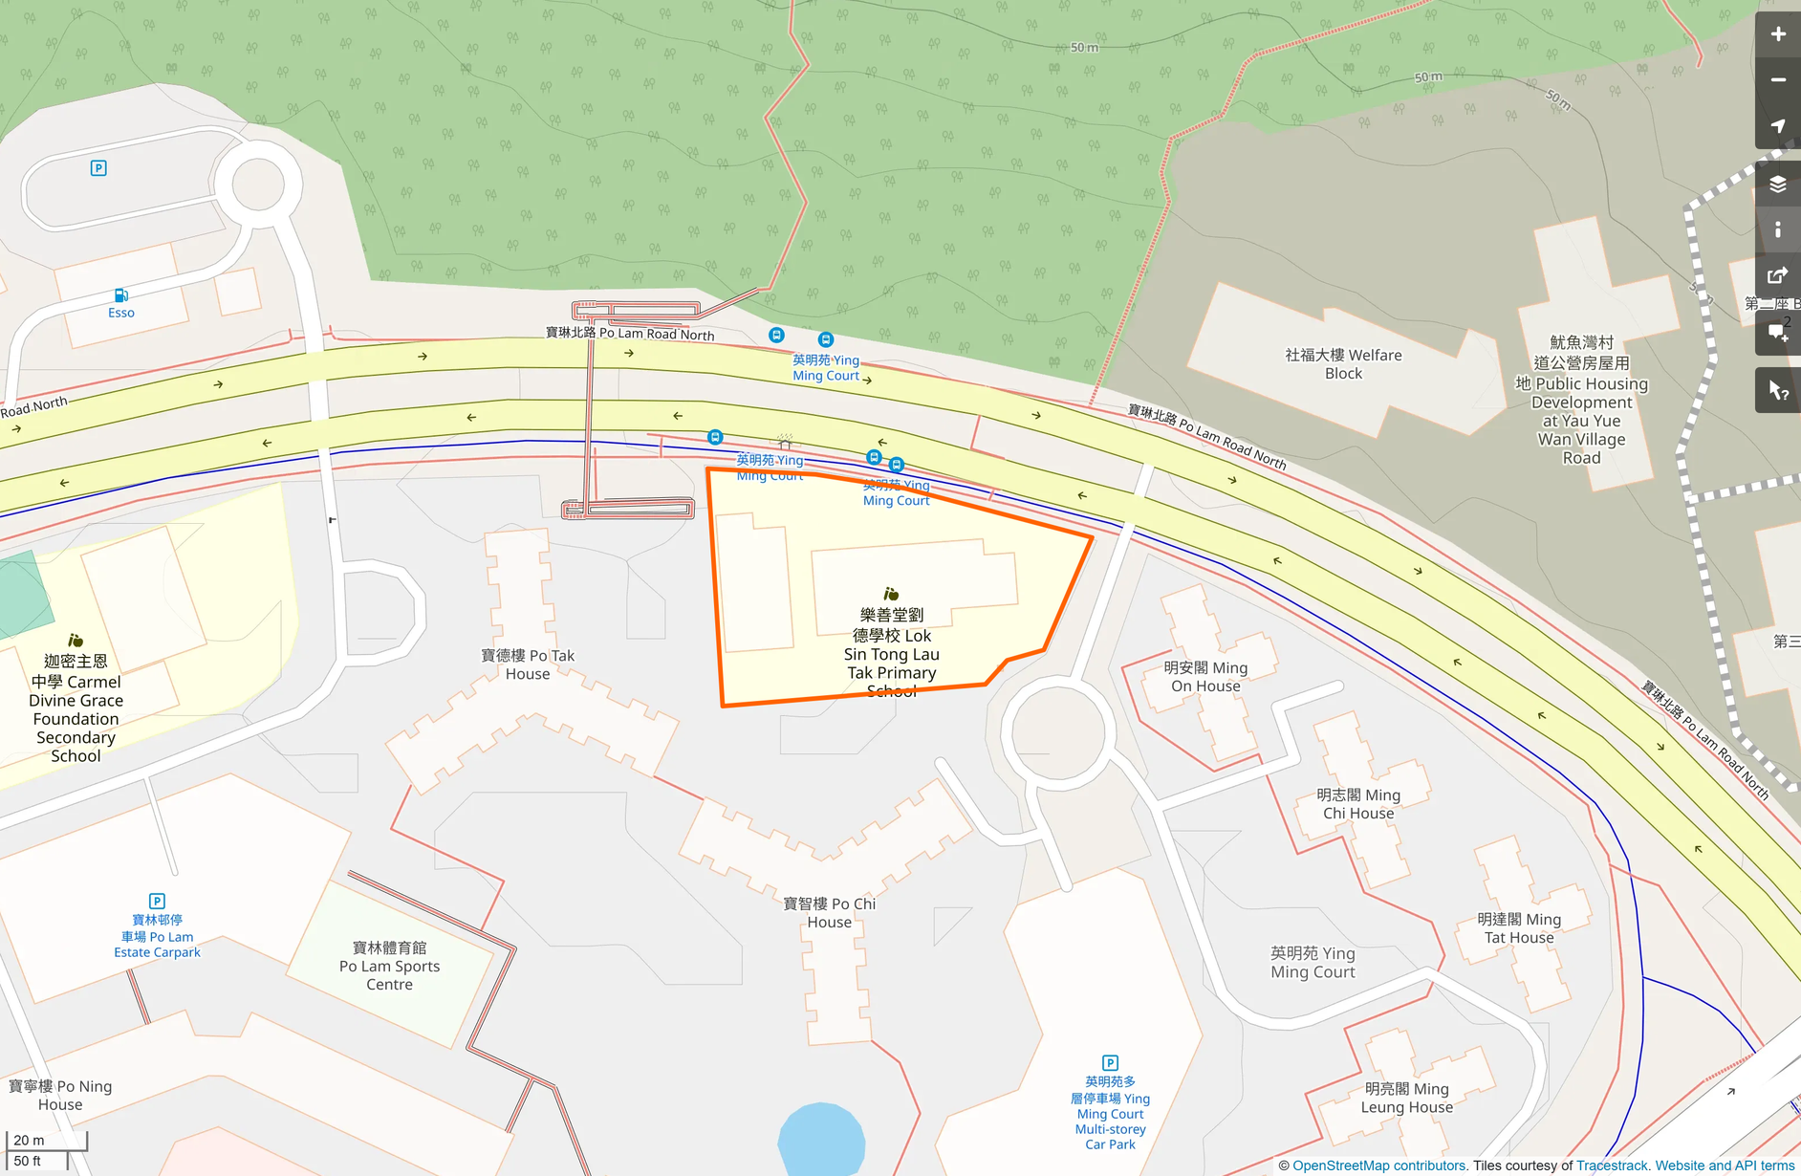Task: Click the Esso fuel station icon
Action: tap(121, 295)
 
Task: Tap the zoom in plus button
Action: tap(1777, 34)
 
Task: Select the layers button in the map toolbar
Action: tap(1777, 184)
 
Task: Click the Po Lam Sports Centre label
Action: tap(389, 966)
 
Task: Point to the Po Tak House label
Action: tap(528, 664)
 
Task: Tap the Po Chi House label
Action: tap(829, 913)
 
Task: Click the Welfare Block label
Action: tap(1343, 364)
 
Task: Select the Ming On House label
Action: tap(1205, 677)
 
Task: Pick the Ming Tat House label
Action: tap(1519, 928)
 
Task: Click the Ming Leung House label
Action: tap(1406, 1098)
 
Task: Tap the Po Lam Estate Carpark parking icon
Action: tap(157, 901)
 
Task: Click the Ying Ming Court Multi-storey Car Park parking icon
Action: tap(1110, 1062)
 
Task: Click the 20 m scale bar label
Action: tap(29, 1140)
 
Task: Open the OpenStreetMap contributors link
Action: tap(1378, 1165)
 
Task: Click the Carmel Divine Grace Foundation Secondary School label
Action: tap(76, 708)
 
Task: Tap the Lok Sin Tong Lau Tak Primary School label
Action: tap(892, 653)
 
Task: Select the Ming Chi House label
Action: tap(1357, 804)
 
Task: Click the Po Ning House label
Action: tap(60, 1096)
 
